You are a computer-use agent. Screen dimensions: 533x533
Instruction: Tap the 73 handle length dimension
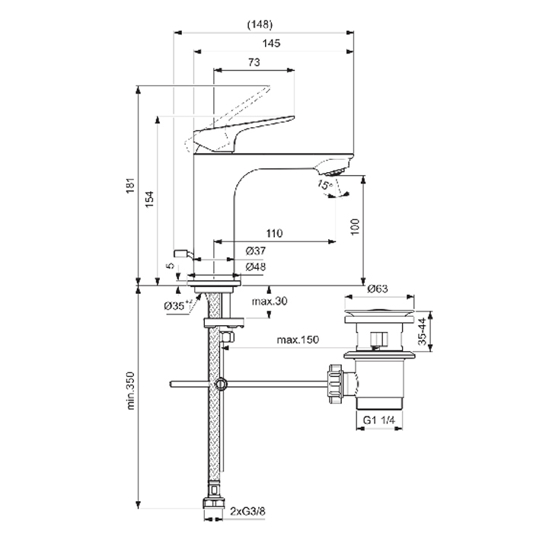(x=254, y=62)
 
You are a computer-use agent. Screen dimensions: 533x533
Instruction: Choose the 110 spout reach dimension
(x=275, y=233)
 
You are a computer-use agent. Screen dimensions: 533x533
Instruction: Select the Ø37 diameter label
(x=256, y=251)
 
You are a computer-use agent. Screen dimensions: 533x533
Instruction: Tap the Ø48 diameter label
(x=256, y=267)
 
